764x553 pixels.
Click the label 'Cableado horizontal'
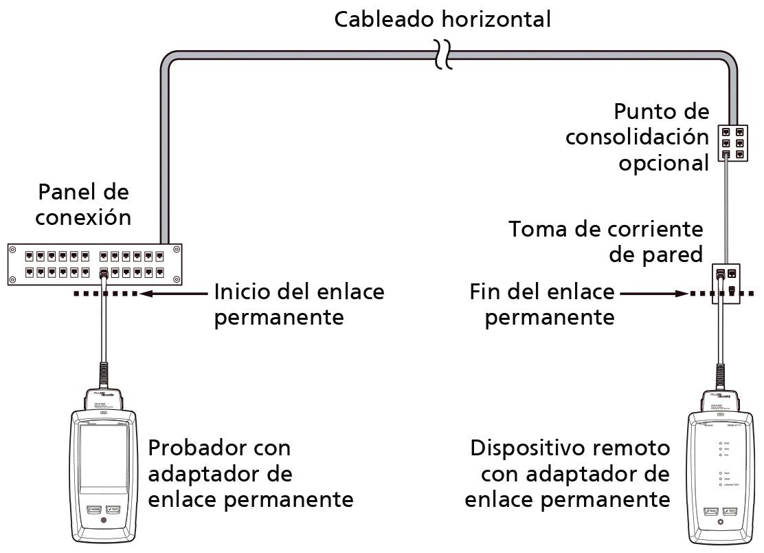(x=442, y=19)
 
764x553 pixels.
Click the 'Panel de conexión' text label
(x=83, y=204)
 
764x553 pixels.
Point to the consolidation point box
(x=731, y=142)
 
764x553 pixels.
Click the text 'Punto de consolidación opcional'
(x=637, y=137)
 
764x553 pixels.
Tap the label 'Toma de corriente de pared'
(x=606, y=241)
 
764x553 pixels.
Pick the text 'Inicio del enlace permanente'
(x=299, y=304)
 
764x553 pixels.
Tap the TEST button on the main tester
(x=114, y=510)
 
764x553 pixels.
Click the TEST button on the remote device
(x=730, y=511)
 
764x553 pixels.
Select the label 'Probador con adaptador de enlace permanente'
(x=251, y=473)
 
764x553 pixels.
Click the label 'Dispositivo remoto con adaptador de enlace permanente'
(x=568, y=473)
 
